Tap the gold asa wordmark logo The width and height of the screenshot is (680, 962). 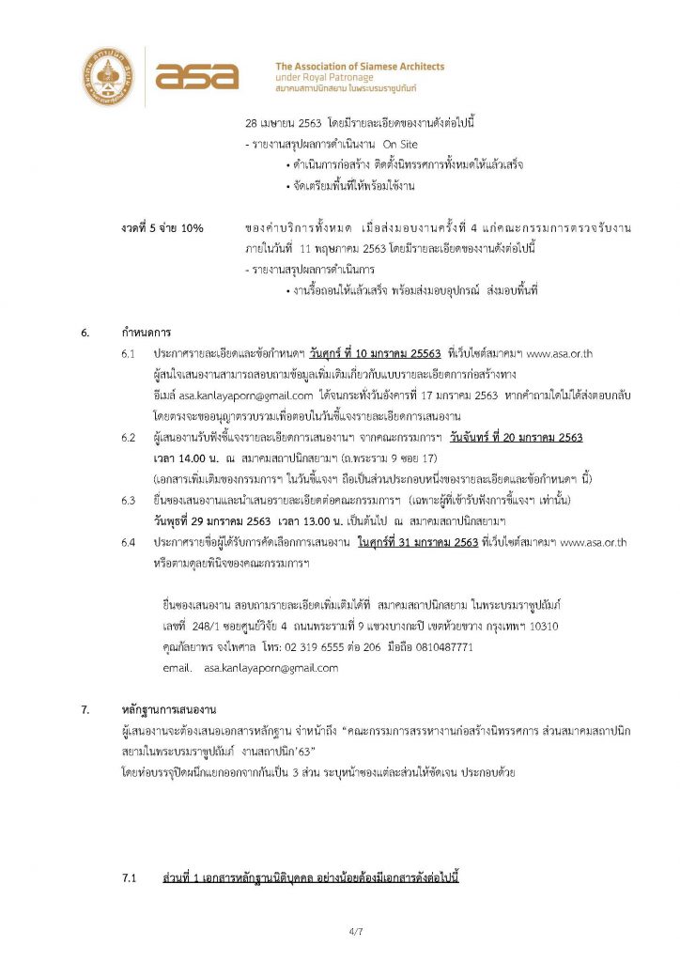[198, 76]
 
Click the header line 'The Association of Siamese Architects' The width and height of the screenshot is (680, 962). [360, 67]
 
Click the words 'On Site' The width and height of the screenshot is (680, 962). [400, 145]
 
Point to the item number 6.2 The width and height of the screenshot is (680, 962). [129, 438]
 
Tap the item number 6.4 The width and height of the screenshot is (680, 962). [129, 543]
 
